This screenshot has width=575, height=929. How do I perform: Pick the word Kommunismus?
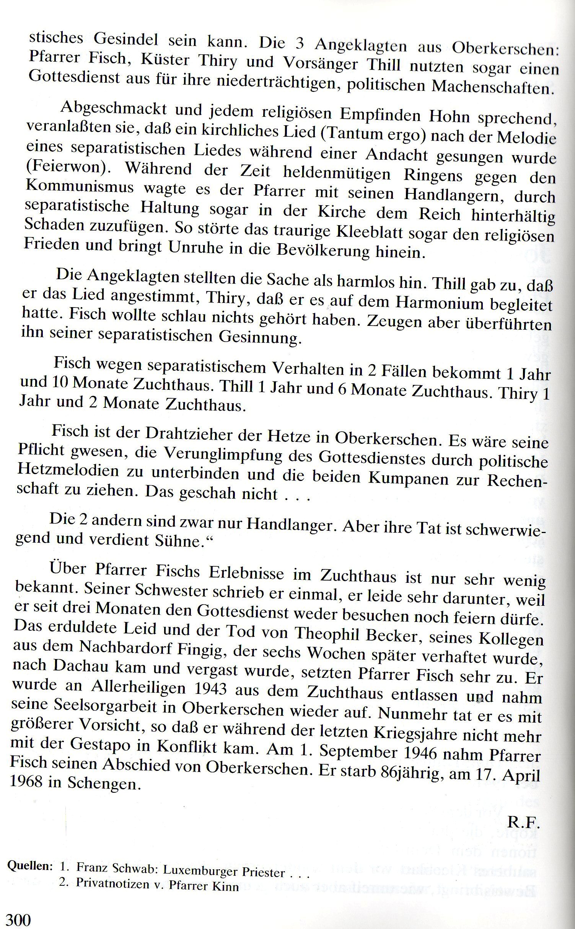[x=80, y=187]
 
